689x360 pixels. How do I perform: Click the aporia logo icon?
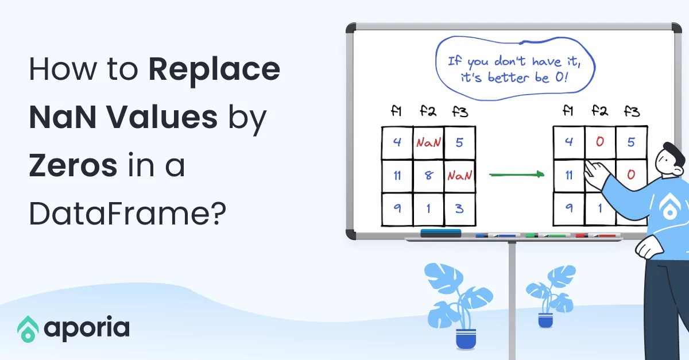28,328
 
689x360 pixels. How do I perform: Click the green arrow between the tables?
516,174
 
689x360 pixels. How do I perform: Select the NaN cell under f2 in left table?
428,142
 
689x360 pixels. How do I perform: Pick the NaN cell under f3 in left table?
459,176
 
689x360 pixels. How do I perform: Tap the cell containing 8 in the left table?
428,176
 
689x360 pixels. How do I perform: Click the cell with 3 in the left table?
459,208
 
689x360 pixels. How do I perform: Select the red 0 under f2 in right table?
600,142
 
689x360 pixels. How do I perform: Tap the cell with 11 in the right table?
568,175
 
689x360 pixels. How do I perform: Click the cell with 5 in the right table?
632,142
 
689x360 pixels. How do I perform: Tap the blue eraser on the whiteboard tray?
440,233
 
